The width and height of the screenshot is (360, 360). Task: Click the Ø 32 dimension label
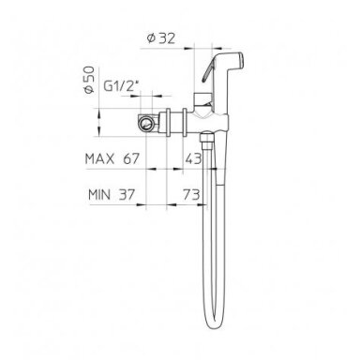coord(161,38)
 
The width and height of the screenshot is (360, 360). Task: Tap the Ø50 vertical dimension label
coord(89,80)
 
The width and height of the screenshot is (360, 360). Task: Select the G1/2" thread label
coord(121,86)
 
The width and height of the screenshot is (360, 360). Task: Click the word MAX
coord(99,159)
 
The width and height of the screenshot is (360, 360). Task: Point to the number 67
coord(131,159)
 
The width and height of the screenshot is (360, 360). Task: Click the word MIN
coord(99,195)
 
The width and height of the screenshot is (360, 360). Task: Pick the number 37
coord(127,195)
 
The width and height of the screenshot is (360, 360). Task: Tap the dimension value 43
coord(193,159)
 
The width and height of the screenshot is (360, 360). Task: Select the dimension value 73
coord(191,195)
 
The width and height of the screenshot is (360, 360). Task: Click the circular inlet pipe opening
coord(146,123)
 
